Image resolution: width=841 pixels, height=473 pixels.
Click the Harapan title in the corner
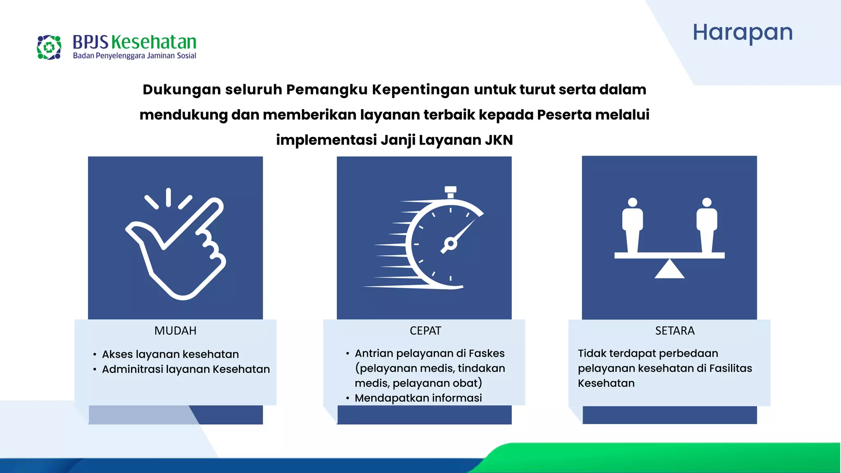[x=742, y=32]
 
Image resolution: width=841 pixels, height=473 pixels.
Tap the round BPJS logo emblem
[x=49, y=47]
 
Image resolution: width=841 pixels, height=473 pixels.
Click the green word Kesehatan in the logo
[x=154, y=42]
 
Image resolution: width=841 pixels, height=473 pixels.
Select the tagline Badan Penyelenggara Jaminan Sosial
[x=134, y=56]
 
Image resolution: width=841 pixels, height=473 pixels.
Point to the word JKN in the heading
[x=499, y=140]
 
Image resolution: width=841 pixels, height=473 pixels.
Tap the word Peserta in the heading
[x=564, y=115]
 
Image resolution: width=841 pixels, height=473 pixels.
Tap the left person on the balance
[x=632, y=226]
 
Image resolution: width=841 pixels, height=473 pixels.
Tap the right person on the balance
[x=707, y=226]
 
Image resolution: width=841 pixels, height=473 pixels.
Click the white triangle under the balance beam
[x=669, y=270]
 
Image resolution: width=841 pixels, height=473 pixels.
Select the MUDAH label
[x=175, y=331]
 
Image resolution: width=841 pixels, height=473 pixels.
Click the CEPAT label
[x=425, y=331]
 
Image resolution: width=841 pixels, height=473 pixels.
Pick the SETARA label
[x=675, y=331]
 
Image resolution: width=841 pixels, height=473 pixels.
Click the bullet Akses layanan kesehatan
[x=170, y=354]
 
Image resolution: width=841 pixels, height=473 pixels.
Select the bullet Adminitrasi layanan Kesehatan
[x=186, y=369]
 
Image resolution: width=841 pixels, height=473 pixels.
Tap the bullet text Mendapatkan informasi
[x=418, y=398]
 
